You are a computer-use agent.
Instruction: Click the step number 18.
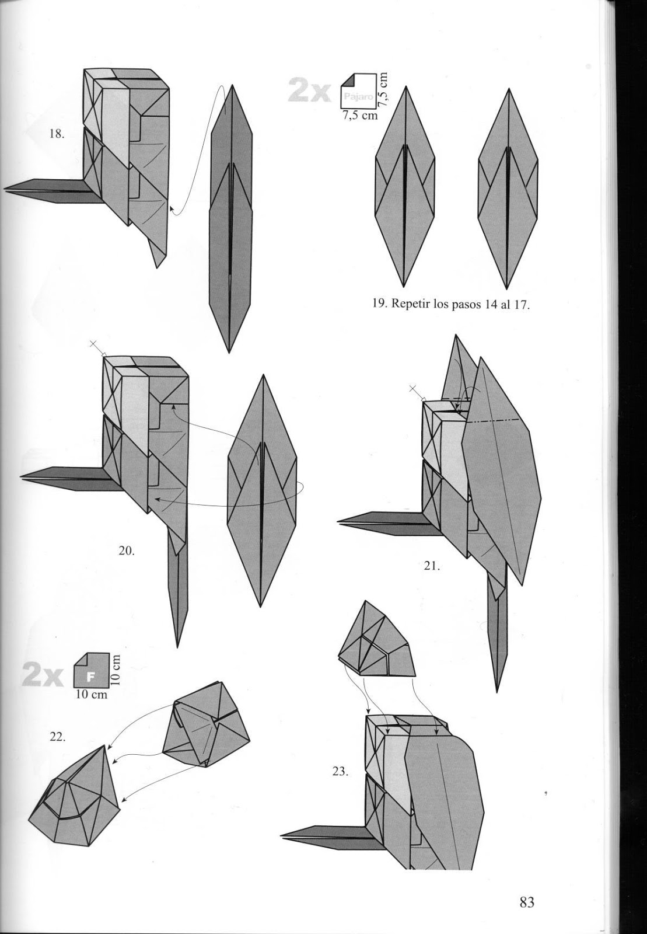[56, 134]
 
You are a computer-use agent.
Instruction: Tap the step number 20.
[127, 550]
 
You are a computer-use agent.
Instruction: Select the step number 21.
[432, 565]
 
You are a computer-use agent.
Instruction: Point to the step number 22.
[57, 737]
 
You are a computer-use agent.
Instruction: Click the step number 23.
[340, 771]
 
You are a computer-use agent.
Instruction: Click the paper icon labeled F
[91, 671]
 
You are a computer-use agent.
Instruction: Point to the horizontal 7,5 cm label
[360, 116]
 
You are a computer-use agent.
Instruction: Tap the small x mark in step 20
[93, 344]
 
